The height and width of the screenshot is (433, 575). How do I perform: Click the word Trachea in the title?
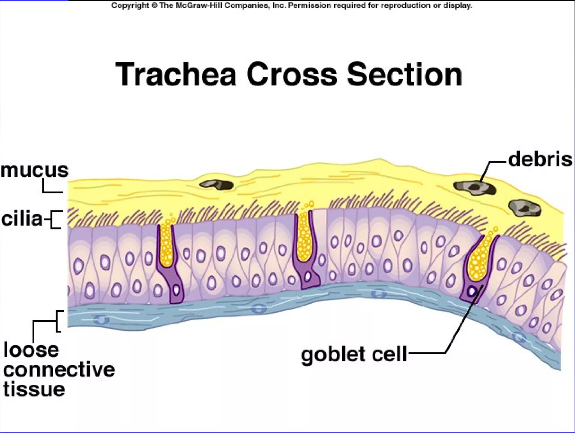point(176,74)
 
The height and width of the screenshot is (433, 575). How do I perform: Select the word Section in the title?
point(404,74)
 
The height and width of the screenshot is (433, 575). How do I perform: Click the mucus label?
point(34,170)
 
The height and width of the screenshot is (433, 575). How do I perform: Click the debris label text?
point(540,159)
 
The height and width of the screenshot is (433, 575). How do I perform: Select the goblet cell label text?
point(354,354)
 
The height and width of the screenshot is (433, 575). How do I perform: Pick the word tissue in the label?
point(34,389)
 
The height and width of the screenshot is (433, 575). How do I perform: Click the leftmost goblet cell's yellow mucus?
point(166,247)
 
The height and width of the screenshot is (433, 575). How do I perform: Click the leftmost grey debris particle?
point(216,184)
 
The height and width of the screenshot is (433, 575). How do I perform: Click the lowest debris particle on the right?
point(525,208)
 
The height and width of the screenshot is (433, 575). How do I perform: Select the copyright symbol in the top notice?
point(154,6)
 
